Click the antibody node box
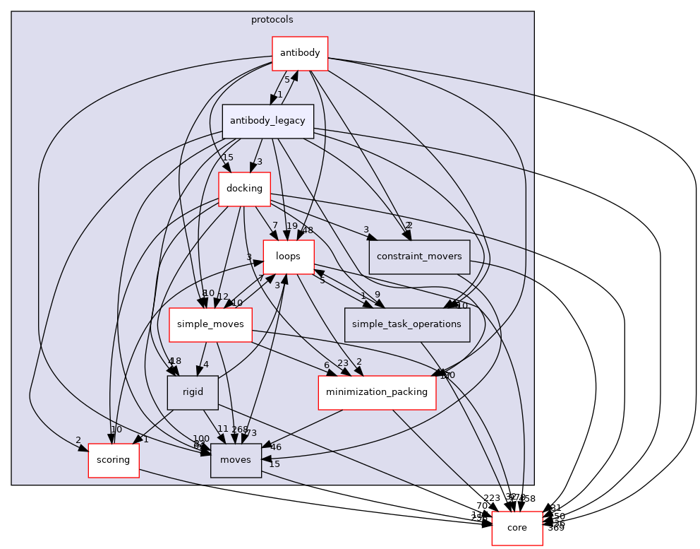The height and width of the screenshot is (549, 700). coord(300,53)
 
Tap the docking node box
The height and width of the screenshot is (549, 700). coord(244,189)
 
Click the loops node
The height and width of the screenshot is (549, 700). coord(288,256)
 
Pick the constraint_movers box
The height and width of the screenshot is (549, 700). coord(419,256)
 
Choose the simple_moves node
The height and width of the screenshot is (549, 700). coord(210,324)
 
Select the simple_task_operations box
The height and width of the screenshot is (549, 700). coord(407,324)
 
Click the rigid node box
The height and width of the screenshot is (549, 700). coord(193,392)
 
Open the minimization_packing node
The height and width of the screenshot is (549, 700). coord(377,392)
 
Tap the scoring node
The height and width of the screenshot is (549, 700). coord(113,460)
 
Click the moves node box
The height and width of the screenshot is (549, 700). coord(236,460)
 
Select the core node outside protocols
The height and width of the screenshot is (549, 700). coord(517,528)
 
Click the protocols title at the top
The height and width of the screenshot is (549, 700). coord(272,20)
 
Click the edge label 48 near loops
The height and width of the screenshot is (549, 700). coord(307,230)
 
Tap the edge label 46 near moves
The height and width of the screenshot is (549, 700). coord(275,447)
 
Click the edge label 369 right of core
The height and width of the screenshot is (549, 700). coord(555,528)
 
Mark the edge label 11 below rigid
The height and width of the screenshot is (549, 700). coord(223,429)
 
